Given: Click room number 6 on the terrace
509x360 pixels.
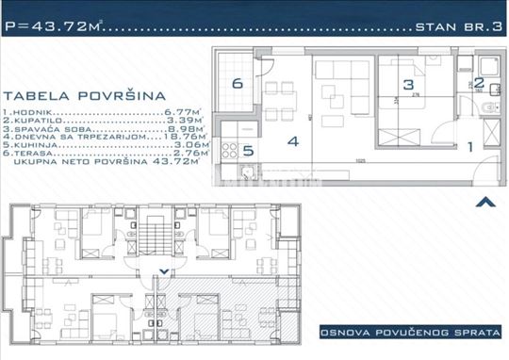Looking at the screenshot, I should (x=238, y=83).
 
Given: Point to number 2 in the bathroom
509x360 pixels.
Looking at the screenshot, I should (x=478, y=84).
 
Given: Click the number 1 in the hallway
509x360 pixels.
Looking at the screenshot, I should (x=471, y=145).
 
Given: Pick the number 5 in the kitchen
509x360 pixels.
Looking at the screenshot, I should (x=248, y=149).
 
